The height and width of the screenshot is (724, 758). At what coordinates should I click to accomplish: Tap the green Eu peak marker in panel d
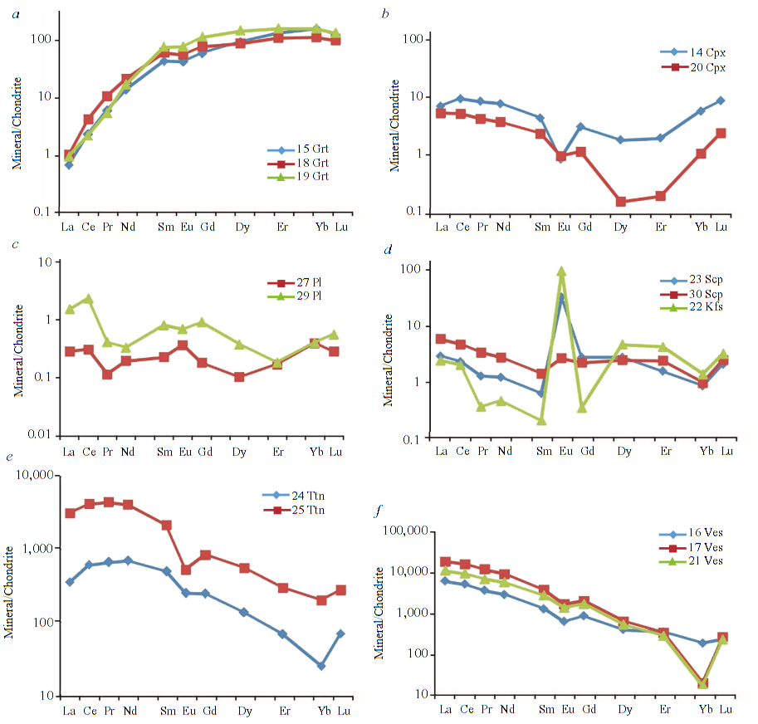(562, 271)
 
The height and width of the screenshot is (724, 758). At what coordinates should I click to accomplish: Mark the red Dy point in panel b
(620, 202)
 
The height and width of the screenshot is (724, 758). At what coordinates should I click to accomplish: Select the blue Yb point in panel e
(321, 666)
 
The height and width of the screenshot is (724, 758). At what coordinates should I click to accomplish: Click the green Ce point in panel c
(88, 299)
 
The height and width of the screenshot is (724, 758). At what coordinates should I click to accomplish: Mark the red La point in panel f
(446, 562)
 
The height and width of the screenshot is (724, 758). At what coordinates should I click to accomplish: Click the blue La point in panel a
(69, 164)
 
